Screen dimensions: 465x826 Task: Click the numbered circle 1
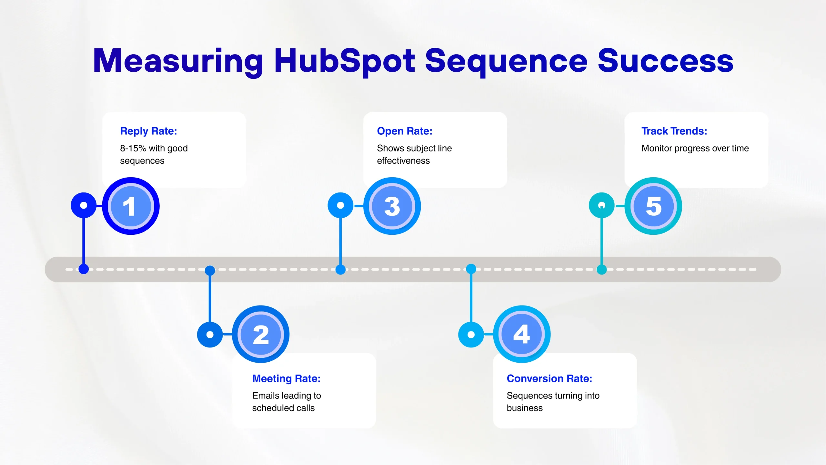(x=131, y=206)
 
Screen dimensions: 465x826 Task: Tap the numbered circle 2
(x=261, y=334)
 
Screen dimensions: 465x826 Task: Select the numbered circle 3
(x=392, y=206)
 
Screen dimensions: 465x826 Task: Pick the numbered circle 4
(x=522, y=334)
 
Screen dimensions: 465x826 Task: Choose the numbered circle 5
(x=653, y=206)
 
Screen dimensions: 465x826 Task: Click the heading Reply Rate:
(x=148, y=131)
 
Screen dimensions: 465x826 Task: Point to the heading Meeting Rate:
(x=286, y=378)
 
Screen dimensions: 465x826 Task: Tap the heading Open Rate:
(x=405, y=131)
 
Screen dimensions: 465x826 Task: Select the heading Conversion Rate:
(x=549, y=378)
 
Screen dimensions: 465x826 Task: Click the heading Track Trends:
(x=674, y=131)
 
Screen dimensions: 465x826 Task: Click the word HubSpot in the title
(x=345, y=61)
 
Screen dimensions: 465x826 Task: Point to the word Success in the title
(x=665, y=61)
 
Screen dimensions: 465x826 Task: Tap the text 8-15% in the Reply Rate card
(x=133, y=148)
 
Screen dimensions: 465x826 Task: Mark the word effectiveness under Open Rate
(x=403, y=161)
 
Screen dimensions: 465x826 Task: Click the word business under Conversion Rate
(x=525, y=408)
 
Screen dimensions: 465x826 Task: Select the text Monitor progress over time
(x=695, y=148)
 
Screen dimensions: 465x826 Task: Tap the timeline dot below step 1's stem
(x=84, y=269)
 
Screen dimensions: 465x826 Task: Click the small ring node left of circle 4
(x=471, y=335)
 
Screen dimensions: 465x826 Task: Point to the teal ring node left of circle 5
(x=601, y=205)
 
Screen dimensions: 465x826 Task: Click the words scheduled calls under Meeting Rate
(x=283, y=408)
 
